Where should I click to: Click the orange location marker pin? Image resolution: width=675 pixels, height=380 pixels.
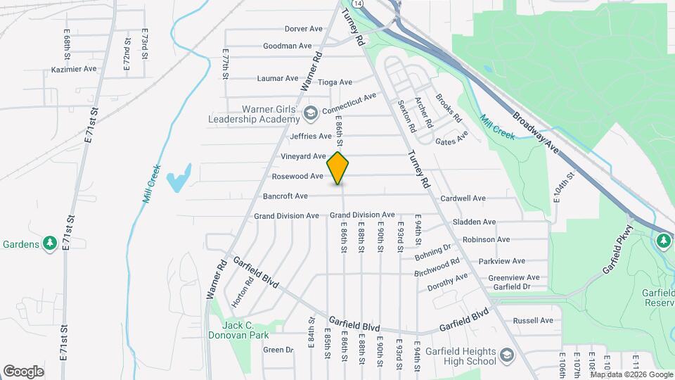338,168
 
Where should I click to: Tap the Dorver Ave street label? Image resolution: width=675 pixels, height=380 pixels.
303,29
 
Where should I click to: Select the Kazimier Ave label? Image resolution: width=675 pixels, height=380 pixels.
74,70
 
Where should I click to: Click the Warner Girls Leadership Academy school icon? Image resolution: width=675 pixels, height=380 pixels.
310,113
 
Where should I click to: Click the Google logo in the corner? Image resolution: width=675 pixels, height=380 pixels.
23,371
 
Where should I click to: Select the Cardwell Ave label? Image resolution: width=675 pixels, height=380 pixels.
463,198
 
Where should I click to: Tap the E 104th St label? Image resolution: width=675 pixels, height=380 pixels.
560,188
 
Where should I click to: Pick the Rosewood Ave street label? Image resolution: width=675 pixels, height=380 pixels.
297,176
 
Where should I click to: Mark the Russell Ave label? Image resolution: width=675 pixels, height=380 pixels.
534,320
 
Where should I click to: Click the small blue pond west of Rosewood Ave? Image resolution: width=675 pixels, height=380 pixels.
179,178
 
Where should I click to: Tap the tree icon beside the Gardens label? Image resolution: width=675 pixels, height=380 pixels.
49,243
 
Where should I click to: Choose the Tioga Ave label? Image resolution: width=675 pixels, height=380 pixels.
335,82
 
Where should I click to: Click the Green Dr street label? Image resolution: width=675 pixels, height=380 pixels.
278,350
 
